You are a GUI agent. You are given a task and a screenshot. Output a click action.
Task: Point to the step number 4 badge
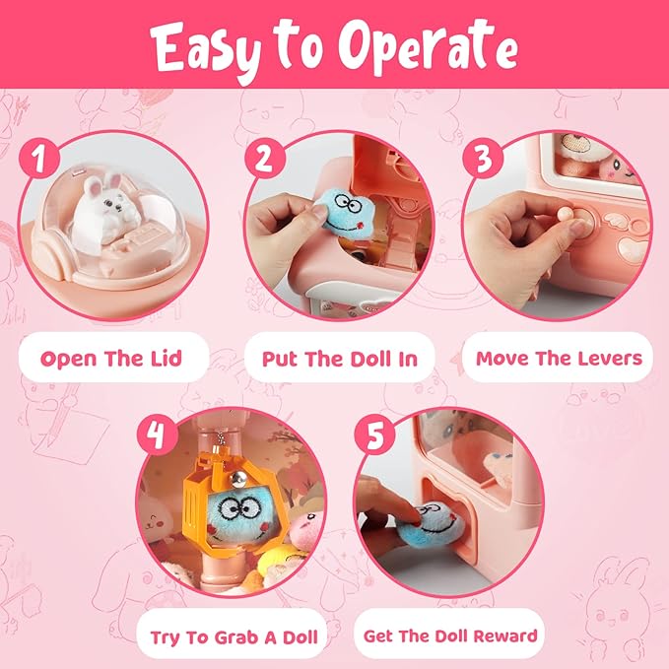[155, 434]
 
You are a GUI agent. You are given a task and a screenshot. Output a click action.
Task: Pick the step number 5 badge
[375, 434]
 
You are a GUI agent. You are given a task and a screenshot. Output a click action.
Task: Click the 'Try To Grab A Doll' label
[234, 636]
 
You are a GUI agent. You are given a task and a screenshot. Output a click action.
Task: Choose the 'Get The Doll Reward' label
[450, 636]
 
